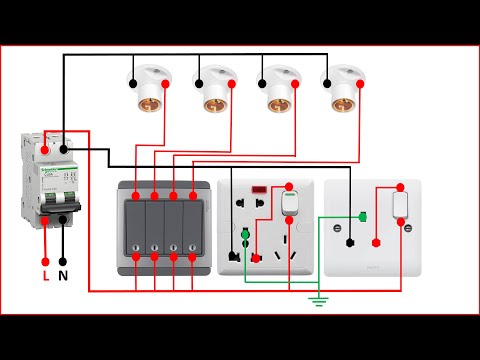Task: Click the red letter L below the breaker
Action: pyautogui.click(x=45, y=274)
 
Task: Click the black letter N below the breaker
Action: pyautogui.click(x=64, y=274)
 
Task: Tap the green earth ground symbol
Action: pyautogui.click(x=318, y=300)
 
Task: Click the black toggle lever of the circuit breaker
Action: pyautogui.click(x=54, y=204)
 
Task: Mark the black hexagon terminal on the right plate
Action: pyautogui.click(x=350, y=241)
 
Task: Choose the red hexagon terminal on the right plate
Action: pyautogui.click(x=376, y=241)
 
